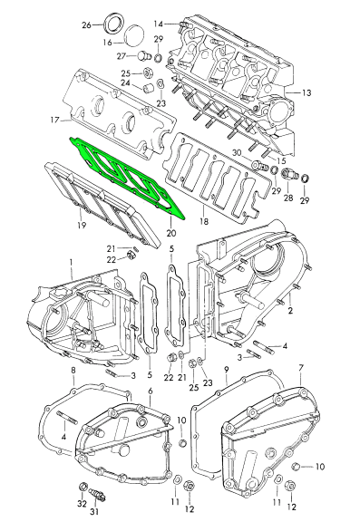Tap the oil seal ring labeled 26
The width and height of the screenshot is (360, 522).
coord(115,23)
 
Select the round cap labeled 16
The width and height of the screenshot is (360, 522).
coord(134,34)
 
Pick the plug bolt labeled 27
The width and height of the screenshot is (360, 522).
coord(144,55)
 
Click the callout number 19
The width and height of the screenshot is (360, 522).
coord(82,225)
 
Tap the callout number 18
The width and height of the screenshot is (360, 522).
coord(203,221)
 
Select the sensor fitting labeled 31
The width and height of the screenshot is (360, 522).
coord(98,494)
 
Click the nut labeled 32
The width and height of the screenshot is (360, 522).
coord(82,488)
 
